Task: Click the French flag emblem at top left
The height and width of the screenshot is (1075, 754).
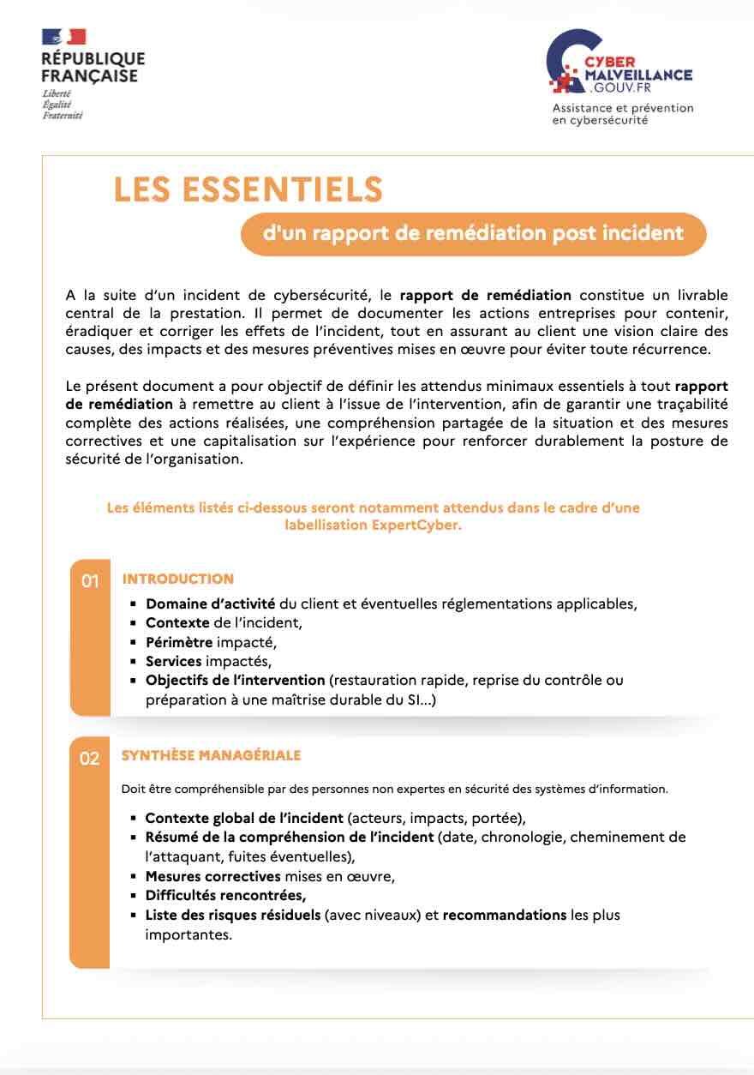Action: click(63, 37)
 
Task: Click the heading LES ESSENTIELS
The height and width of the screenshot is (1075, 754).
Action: click(248, 189)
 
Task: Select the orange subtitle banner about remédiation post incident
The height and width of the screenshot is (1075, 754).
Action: click(473, 234)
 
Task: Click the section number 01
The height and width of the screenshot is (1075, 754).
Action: click(90, 582)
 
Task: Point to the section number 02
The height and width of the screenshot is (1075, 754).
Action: click(89, 759)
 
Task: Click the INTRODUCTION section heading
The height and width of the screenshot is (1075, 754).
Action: click(177, 579)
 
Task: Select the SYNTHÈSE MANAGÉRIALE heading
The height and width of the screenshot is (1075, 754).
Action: click(211, 755)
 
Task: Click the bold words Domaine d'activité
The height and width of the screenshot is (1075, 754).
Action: click(210, 604)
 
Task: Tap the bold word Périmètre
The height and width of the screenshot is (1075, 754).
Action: click(178, 642)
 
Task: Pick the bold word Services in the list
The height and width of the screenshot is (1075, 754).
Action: click(173, 661)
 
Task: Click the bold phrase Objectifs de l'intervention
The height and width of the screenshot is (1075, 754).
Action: click(235, 681)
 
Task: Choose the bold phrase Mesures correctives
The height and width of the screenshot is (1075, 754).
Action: click(212, 876)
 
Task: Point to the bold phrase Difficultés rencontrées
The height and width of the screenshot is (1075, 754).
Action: click(224, 896)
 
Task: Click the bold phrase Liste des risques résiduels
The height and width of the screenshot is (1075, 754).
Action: click(232, 915)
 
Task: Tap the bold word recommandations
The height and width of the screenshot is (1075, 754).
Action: click(504, 915)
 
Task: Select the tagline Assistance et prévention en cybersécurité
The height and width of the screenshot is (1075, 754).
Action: click(622, 114)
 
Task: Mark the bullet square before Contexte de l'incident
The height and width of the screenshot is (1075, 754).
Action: click(134, 623)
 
